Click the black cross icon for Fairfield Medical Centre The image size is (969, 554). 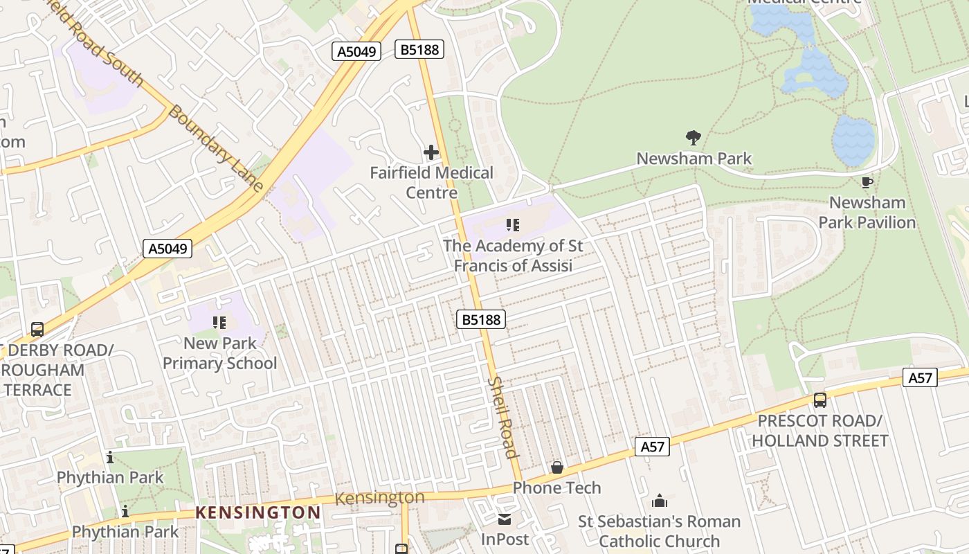pyautogui.click(x=431, y=152)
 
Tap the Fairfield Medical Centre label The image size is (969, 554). pyautogui.click(x=431, y=182)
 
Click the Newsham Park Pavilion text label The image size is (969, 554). pyautogui.click(x=867, y=213)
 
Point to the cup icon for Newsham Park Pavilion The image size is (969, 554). pyautogui.click(x=867, y=183)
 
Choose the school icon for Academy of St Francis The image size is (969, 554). pyautogui.click(x=512, y=224)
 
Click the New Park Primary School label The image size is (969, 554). pyautogui.click(x=219, y=353)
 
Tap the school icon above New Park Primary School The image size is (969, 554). pyautogui.click(x=219, y=322)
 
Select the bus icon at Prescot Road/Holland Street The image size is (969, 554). pyautogui.click(x=820, y=400)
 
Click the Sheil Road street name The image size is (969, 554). pyautogui.click(x=502, y=418)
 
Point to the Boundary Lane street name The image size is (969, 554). pyautogui.click(x=215, y=148)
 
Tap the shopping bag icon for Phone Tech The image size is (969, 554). pyautogui.click(x=557, y=468)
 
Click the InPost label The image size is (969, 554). pyautogui.click(x=505, y=539)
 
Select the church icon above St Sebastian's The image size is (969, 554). pyautogui.click(x=660, y=501)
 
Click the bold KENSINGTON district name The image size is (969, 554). pyautogui.click(x=257, y=513)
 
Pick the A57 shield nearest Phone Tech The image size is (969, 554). pyautogui.click(x=652, y=447)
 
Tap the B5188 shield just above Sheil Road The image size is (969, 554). pyautogui.click(x=481, y=319)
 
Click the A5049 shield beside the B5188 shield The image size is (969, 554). pyautogui.click(x=356, y=51)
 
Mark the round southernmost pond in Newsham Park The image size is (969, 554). pyautogui.click(x=853, y=141)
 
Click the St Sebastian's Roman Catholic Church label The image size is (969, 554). pyautogui.click(x=659, y=531)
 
